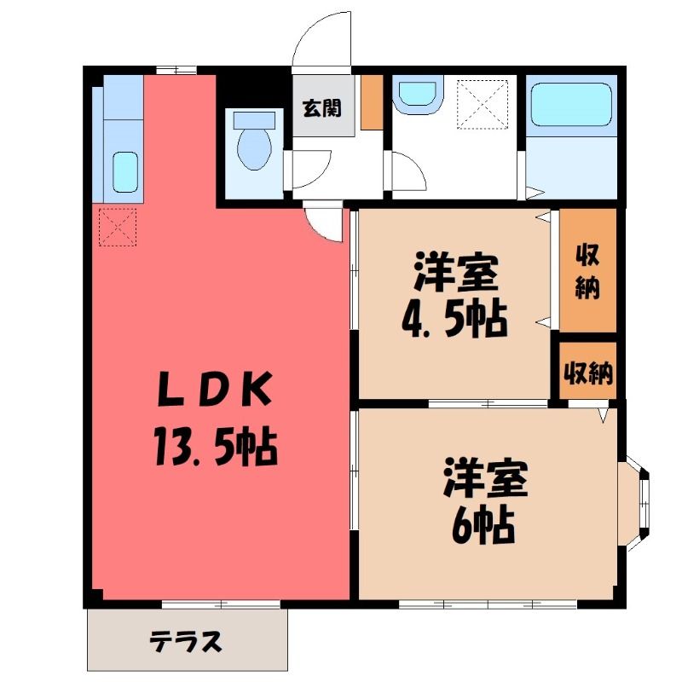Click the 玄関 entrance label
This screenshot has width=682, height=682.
click(322, 108)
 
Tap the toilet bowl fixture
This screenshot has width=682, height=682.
click(254, 141)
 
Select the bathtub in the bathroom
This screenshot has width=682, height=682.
click(571, 104)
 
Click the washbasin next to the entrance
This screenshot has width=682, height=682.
click(418, 95)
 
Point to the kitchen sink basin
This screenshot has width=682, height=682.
click(125, 172)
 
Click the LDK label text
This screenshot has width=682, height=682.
click(215, 390)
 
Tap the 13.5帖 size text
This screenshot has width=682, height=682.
click(215, 447)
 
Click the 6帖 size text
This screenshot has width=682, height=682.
click(483, 527)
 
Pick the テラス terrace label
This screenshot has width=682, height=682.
click(186, 642)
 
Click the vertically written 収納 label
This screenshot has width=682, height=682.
click(587, 271)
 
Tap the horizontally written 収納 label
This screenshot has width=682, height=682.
click(588, 373)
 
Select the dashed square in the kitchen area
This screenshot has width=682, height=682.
click(118, 227)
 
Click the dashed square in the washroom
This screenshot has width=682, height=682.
click(483, 104)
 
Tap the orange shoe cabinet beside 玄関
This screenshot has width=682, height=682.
click(372, 102)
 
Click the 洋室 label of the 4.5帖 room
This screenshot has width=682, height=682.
click(456, 272)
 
